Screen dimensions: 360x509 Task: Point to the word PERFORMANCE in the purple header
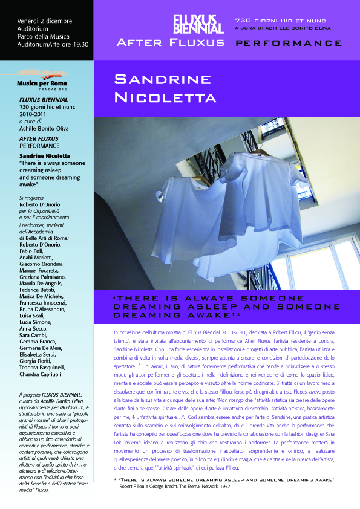(288, 44)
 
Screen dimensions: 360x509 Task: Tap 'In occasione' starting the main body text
(129, 333)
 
